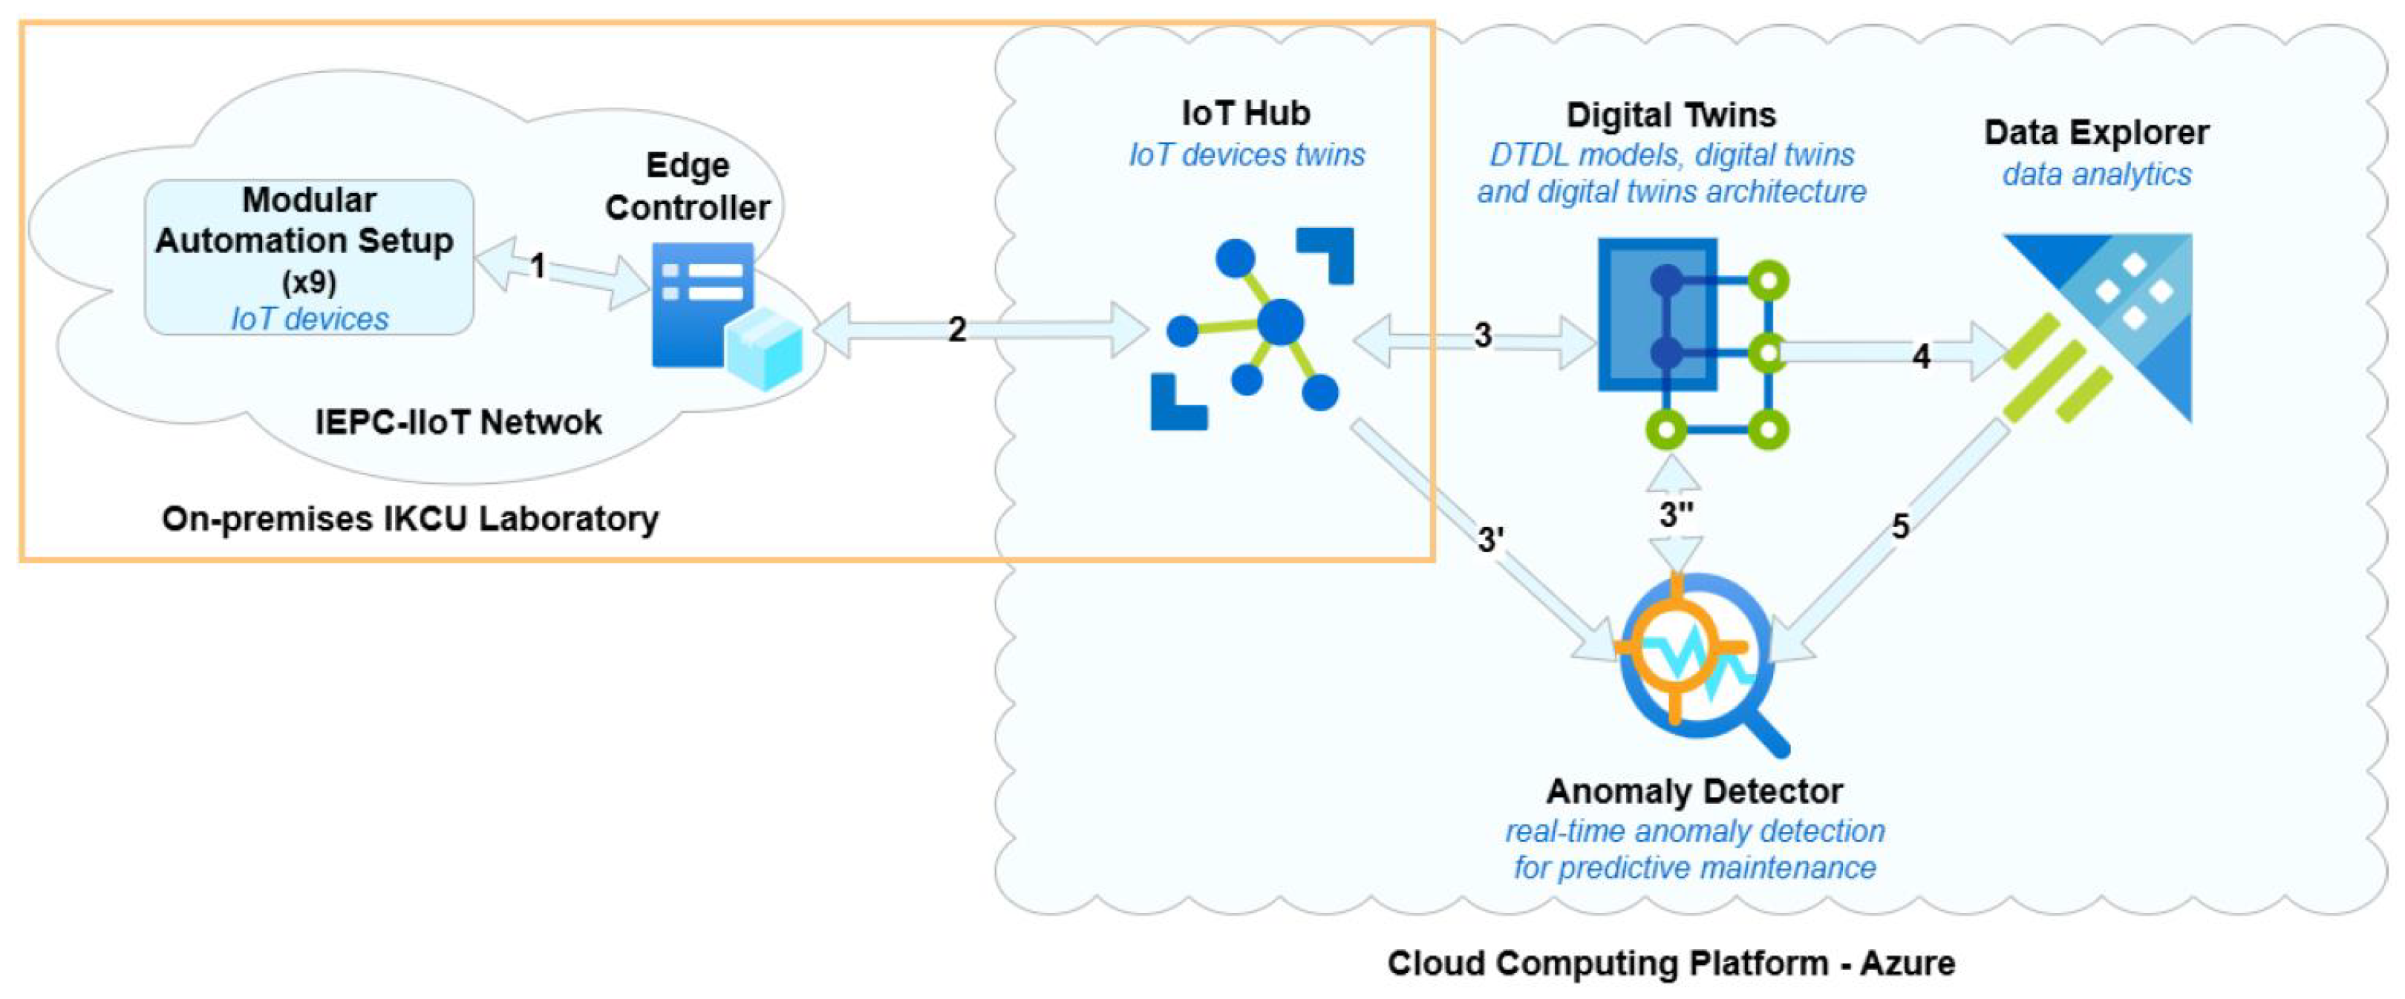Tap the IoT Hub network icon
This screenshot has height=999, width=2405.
1251,327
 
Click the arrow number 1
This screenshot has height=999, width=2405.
538,267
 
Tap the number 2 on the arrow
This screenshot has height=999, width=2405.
956,330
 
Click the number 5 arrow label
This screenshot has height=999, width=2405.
1900,526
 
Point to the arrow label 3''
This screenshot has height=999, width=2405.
1677,514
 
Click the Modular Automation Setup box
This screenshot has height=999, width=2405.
309,258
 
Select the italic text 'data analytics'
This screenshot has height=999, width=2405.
2096,174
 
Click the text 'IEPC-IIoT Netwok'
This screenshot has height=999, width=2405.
457,422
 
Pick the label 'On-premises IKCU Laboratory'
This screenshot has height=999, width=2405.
410,518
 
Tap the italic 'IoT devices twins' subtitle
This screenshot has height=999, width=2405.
1247,154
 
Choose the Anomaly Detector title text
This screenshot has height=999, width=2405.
1694,790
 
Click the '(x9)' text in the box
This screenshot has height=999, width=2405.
309,281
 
